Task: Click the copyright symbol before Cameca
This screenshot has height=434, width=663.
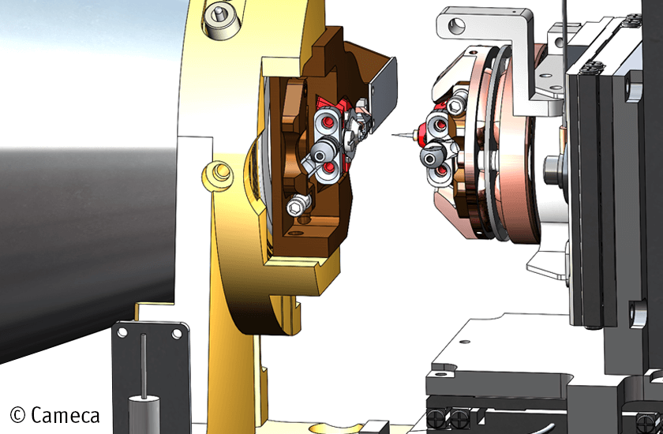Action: click(x=18, y=414)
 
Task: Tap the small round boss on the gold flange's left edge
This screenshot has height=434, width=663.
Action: click(x=216, y=170)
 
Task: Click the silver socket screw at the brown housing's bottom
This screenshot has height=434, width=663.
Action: click(x=296, y=206)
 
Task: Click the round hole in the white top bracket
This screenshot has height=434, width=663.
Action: click(x=455, y=25)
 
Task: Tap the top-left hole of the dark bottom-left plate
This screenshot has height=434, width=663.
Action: click(x=122, y=333)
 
